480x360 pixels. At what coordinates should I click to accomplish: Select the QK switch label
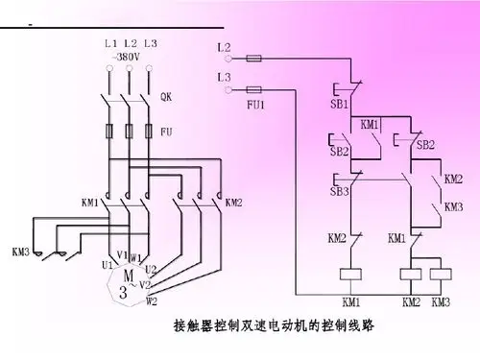coord(166,96)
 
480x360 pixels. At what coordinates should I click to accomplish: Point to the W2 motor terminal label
coord(152,300)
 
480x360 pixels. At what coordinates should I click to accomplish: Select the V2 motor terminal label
coord(147,285)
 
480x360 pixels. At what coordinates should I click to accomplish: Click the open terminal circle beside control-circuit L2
coord(228,58)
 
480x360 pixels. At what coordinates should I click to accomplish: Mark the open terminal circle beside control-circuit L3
coord(228,89)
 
